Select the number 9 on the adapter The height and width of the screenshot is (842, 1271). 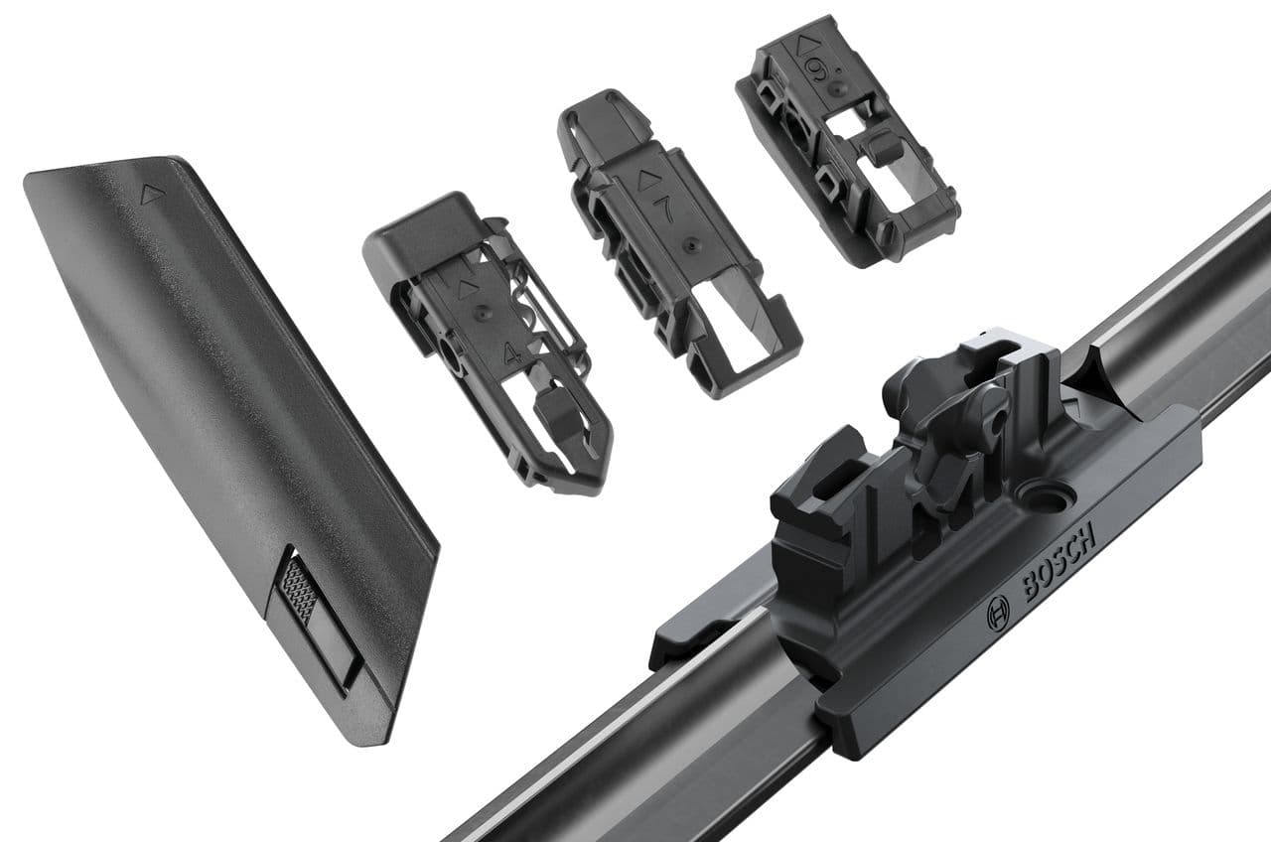pos(816,70)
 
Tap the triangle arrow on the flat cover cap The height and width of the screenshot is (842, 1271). pos(152,195)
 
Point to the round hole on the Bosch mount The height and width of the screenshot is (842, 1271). pos(1045,493)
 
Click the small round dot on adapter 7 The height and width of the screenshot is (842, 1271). pos(688,241)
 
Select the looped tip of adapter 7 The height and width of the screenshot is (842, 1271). pos(601,114)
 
